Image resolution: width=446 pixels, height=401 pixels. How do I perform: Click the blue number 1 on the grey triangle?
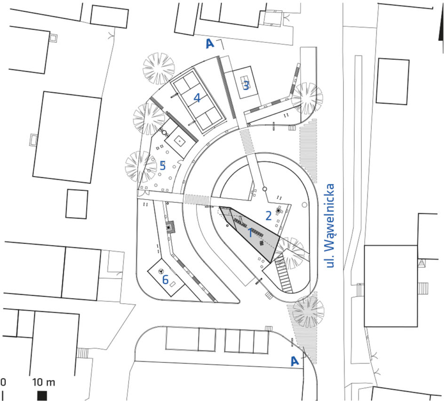(250, 233)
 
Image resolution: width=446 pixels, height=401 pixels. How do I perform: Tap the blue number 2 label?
(269, 216)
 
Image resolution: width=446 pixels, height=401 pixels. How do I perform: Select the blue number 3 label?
(246, 85)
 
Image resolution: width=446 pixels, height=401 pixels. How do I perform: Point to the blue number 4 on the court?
(197, 98)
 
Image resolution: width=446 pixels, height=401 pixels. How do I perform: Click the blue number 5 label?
(163, 165)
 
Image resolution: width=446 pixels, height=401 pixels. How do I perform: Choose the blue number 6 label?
(165, 280)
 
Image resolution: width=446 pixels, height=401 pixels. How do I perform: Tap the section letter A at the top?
(210, 44)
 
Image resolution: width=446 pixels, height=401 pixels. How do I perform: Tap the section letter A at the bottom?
(295, 361)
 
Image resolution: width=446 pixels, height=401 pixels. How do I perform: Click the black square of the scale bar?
(42, 395)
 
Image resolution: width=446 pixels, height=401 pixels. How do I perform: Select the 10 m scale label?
(44, 382)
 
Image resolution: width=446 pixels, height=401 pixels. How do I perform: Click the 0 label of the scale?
(3, 382)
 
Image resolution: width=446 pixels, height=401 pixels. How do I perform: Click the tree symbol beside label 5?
(141, 167)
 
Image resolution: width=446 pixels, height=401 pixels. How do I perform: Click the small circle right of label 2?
(304, 204)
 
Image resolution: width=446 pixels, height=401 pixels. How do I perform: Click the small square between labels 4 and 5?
(179, 141)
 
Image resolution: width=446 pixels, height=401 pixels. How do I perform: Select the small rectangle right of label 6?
(173, 284)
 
